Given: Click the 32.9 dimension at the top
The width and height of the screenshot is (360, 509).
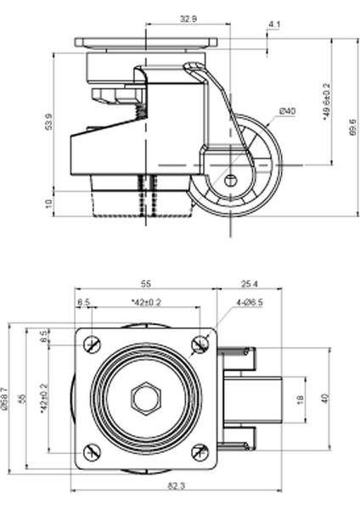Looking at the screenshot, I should click(188, 17).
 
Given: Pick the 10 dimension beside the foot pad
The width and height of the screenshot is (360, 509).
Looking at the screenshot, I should click(49, 204).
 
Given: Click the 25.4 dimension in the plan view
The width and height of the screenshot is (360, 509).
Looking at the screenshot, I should click(250, 283).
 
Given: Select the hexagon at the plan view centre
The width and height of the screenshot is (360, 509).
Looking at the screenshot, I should click(143, 397).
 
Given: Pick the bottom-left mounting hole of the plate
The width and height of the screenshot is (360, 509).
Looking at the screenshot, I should click(89, 452).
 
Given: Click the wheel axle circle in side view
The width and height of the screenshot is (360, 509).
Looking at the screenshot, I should click(231, 179).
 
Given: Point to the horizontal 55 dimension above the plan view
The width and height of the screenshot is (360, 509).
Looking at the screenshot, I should click(145, 283).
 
